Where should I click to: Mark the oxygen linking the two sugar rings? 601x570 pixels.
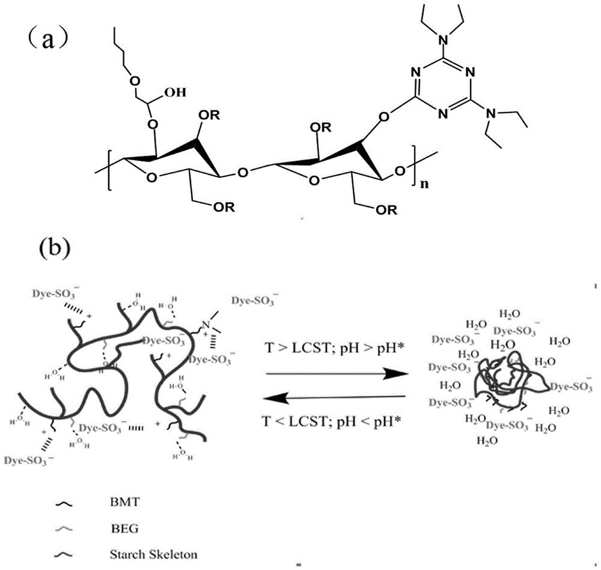pos(242,174)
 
